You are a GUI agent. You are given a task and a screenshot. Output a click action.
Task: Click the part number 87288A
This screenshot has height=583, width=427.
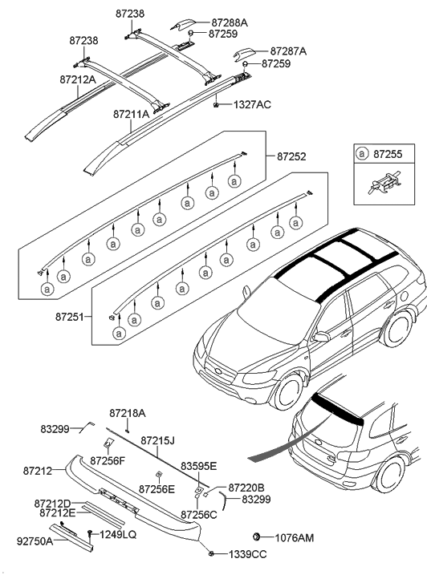tap(230, 23)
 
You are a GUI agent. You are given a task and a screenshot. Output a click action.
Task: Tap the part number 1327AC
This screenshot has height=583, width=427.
tap(254, 105)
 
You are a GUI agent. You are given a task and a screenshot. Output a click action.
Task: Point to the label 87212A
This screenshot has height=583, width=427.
tap(77, 79)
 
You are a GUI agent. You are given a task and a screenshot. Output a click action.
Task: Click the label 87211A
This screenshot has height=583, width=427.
tap(131, 115)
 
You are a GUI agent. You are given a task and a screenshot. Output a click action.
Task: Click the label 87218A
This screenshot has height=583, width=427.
tap(127, 412)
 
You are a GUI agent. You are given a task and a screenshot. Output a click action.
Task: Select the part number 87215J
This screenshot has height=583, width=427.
tap(158, 440)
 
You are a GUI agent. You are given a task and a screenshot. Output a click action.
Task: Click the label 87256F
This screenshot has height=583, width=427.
tap(107, 460)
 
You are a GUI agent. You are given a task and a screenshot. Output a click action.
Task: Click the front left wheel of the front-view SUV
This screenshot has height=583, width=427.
tap(287, 387)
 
